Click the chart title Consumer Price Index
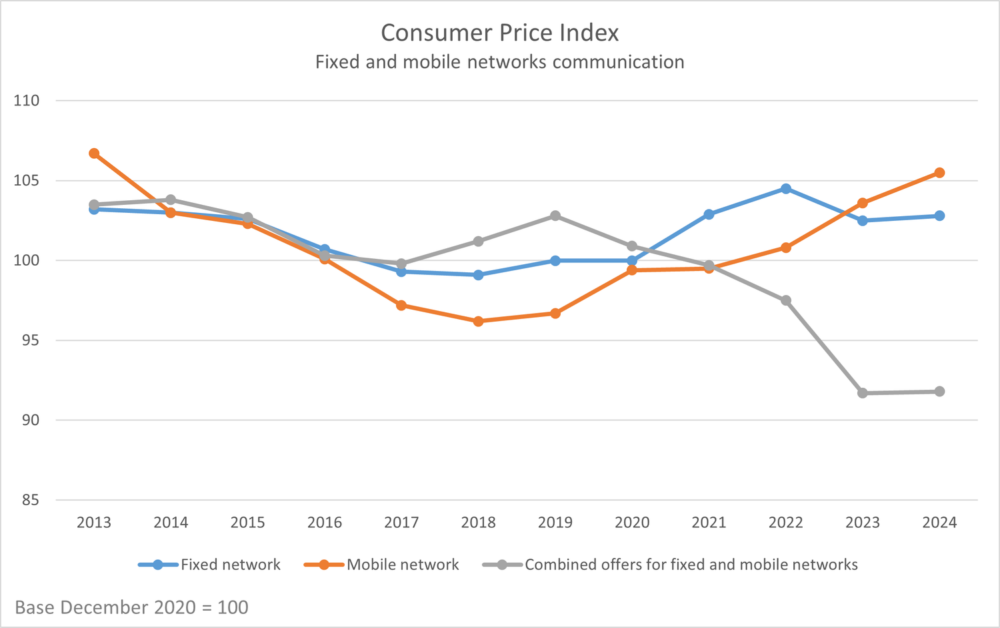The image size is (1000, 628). (x=499, y=33)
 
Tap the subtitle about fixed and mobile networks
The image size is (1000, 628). (x=499, y=62)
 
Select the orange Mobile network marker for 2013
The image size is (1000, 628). (x=94, y=153)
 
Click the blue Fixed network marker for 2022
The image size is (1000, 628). (x=786, y=189)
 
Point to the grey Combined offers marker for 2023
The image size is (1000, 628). (x=863, y=393)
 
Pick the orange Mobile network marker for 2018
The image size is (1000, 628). (x=478, y=321)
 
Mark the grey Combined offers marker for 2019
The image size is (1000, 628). (x=555, y=216)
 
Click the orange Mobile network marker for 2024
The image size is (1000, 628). (x=939, y=173)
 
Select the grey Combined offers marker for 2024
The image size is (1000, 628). (x=939, y=391)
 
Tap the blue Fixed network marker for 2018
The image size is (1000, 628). (x=478, y=275)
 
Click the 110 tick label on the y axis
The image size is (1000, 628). (x=27, y=101)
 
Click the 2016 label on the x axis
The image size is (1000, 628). (x=325, y=523)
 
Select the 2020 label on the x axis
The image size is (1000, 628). (x=632, y=523)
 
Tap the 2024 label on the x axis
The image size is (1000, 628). (x=939, y=523)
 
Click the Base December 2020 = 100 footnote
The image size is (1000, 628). (x=131, y=607)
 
